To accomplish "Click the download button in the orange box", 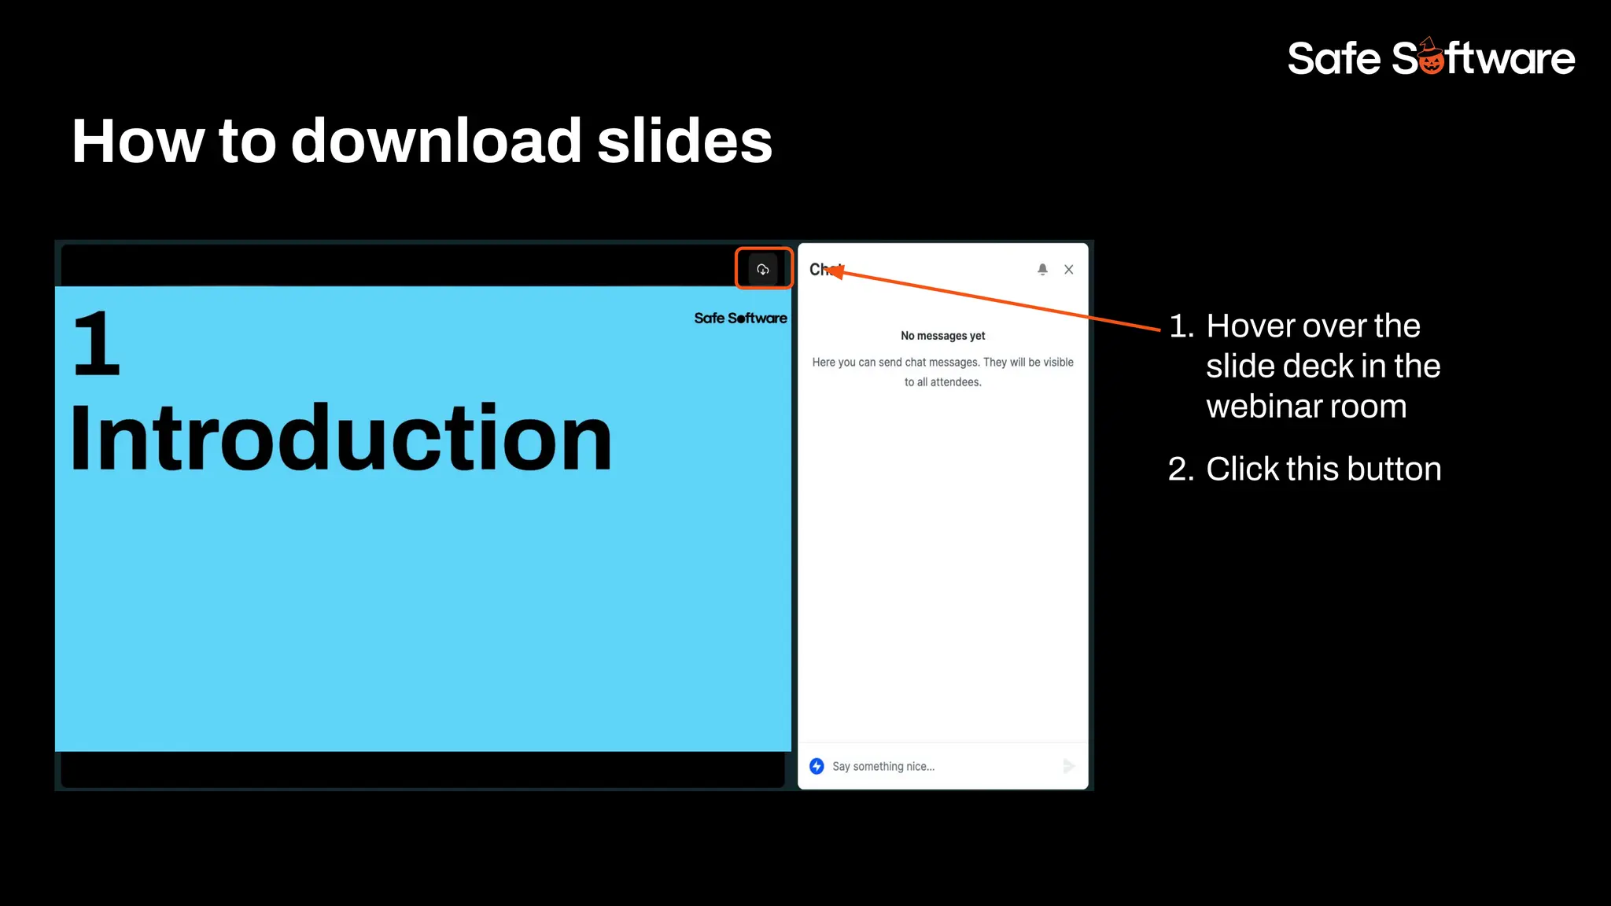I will point(762,270).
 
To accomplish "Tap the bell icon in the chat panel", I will point(1042,270).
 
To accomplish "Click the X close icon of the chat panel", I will point(1068,270).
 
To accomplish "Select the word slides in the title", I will point(684,142).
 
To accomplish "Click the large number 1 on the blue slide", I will point(97,344).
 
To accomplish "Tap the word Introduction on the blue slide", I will point(341,438).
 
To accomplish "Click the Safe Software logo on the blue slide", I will point(740,319).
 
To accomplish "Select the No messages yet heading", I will point(942,336).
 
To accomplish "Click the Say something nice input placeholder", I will point(883,767).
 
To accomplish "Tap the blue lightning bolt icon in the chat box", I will point(817,766).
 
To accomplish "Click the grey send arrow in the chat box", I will point(1068,766).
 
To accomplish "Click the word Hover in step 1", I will point(1252,326).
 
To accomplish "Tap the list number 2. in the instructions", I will point(1181,470).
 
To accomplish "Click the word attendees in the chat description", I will point(955,382).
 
